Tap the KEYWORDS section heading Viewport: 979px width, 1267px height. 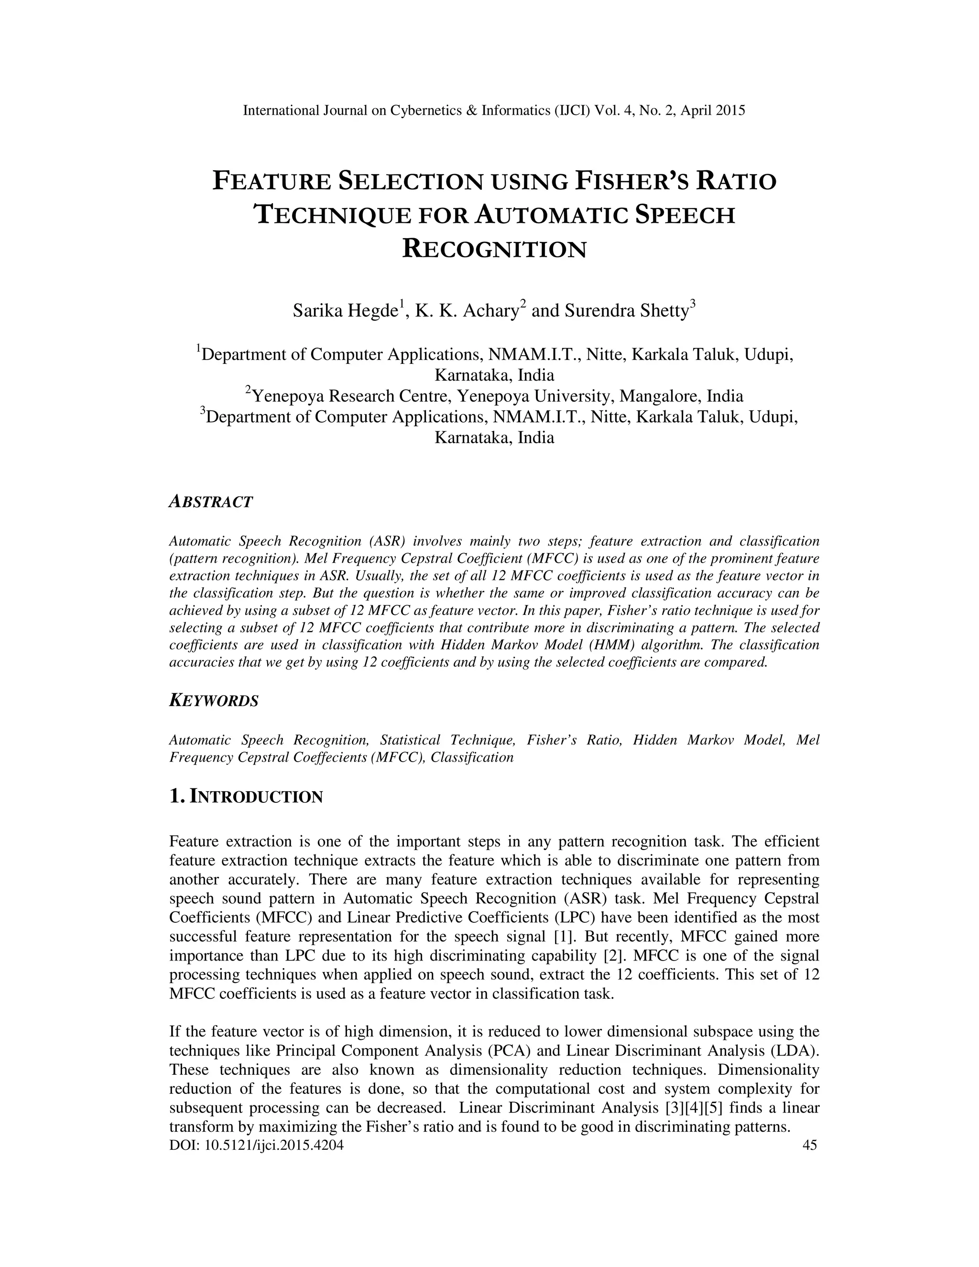(x=213, y=701)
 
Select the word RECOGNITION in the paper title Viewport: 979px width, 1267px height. (x=494, y=250)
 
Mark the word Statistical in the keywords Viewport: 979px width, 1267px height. (x=410, y=740)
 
